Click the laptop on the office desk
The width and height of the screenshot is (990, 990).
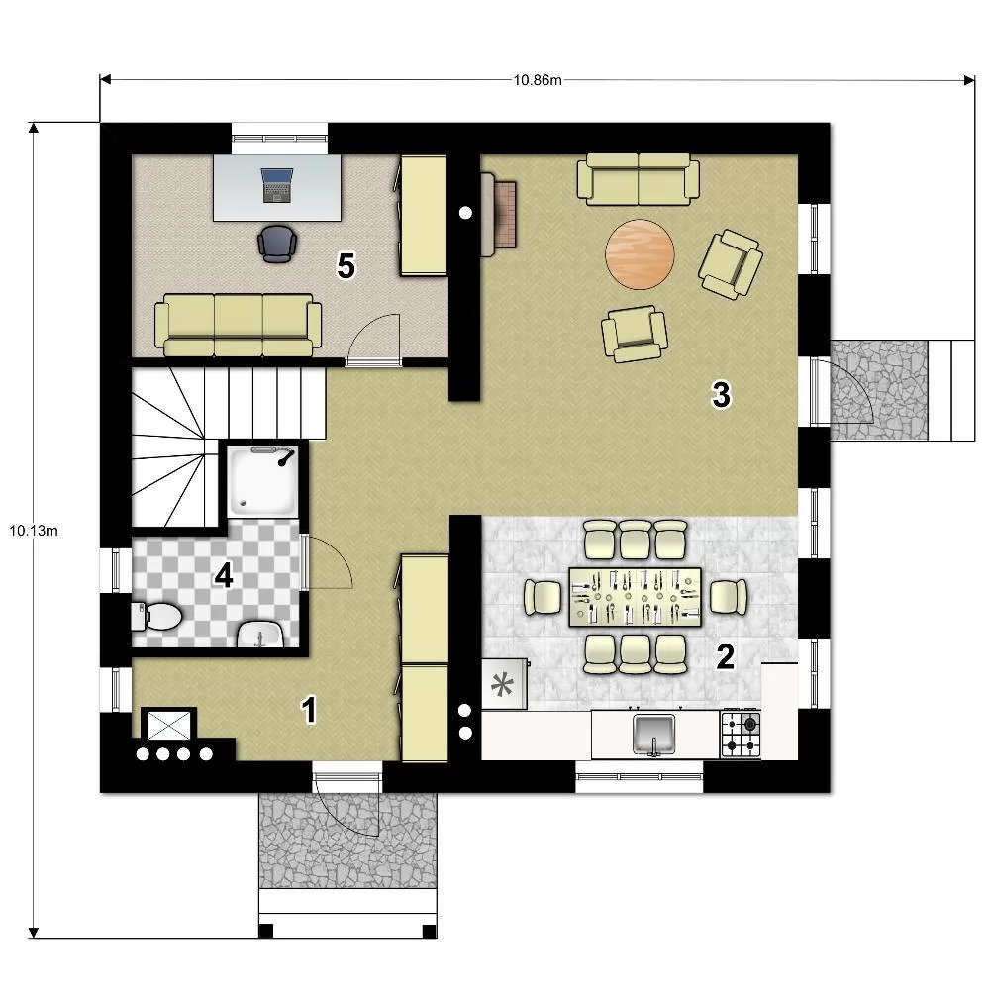277,185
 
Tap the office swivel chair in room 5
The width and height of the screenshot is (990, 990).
277,244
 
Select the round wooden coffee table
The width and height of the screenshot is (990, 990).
640,253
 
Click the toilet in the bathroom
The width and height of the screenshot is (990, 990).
156,616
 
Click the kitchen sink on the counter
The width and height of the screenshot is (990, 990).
654,735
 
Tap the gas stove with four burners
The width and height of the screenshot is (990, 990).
741,735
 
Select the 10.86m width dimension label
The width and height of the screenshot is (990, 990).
538,80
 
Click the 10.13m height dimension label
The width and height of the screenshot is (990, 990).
34,531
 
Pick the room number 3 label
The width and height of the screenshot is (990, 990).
721,394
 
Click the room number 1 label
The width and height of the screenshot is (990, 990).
309,710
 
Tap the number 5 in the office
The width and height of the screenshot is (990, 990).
346,265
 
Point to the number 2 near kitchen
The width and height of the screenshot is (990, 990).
725,657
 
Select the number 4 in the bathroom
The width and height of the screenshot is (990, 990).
224,575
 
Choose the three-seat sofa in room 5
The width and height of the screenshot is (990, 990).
238,325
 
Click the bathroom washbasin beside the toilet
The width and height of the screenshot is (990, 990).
260,634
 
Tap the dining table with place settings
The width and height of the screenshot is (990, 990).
636,597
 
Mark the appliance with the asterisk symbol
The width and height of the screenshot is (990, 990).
504,684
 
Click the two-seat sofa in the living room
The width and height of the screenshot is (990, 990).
639,179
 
